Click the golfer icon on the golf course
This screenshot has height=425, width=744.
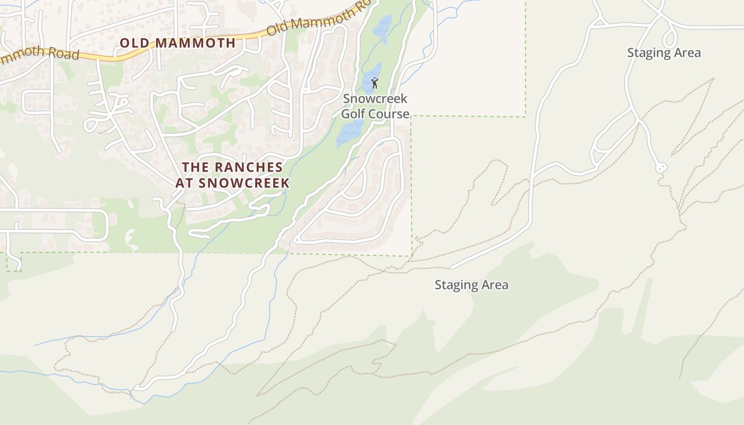[375, 83]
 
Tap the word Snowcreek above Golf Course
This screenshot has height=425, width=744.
[375, 99]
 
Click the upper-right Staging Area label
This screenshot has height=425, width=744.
[664, 53]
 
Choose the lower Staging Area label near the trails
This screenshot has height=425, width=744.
[471, 285]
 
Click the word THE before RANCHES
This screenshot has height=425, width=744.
[195, 167]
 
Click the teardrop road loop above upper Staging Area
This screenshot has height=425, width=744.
[670, 37]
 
